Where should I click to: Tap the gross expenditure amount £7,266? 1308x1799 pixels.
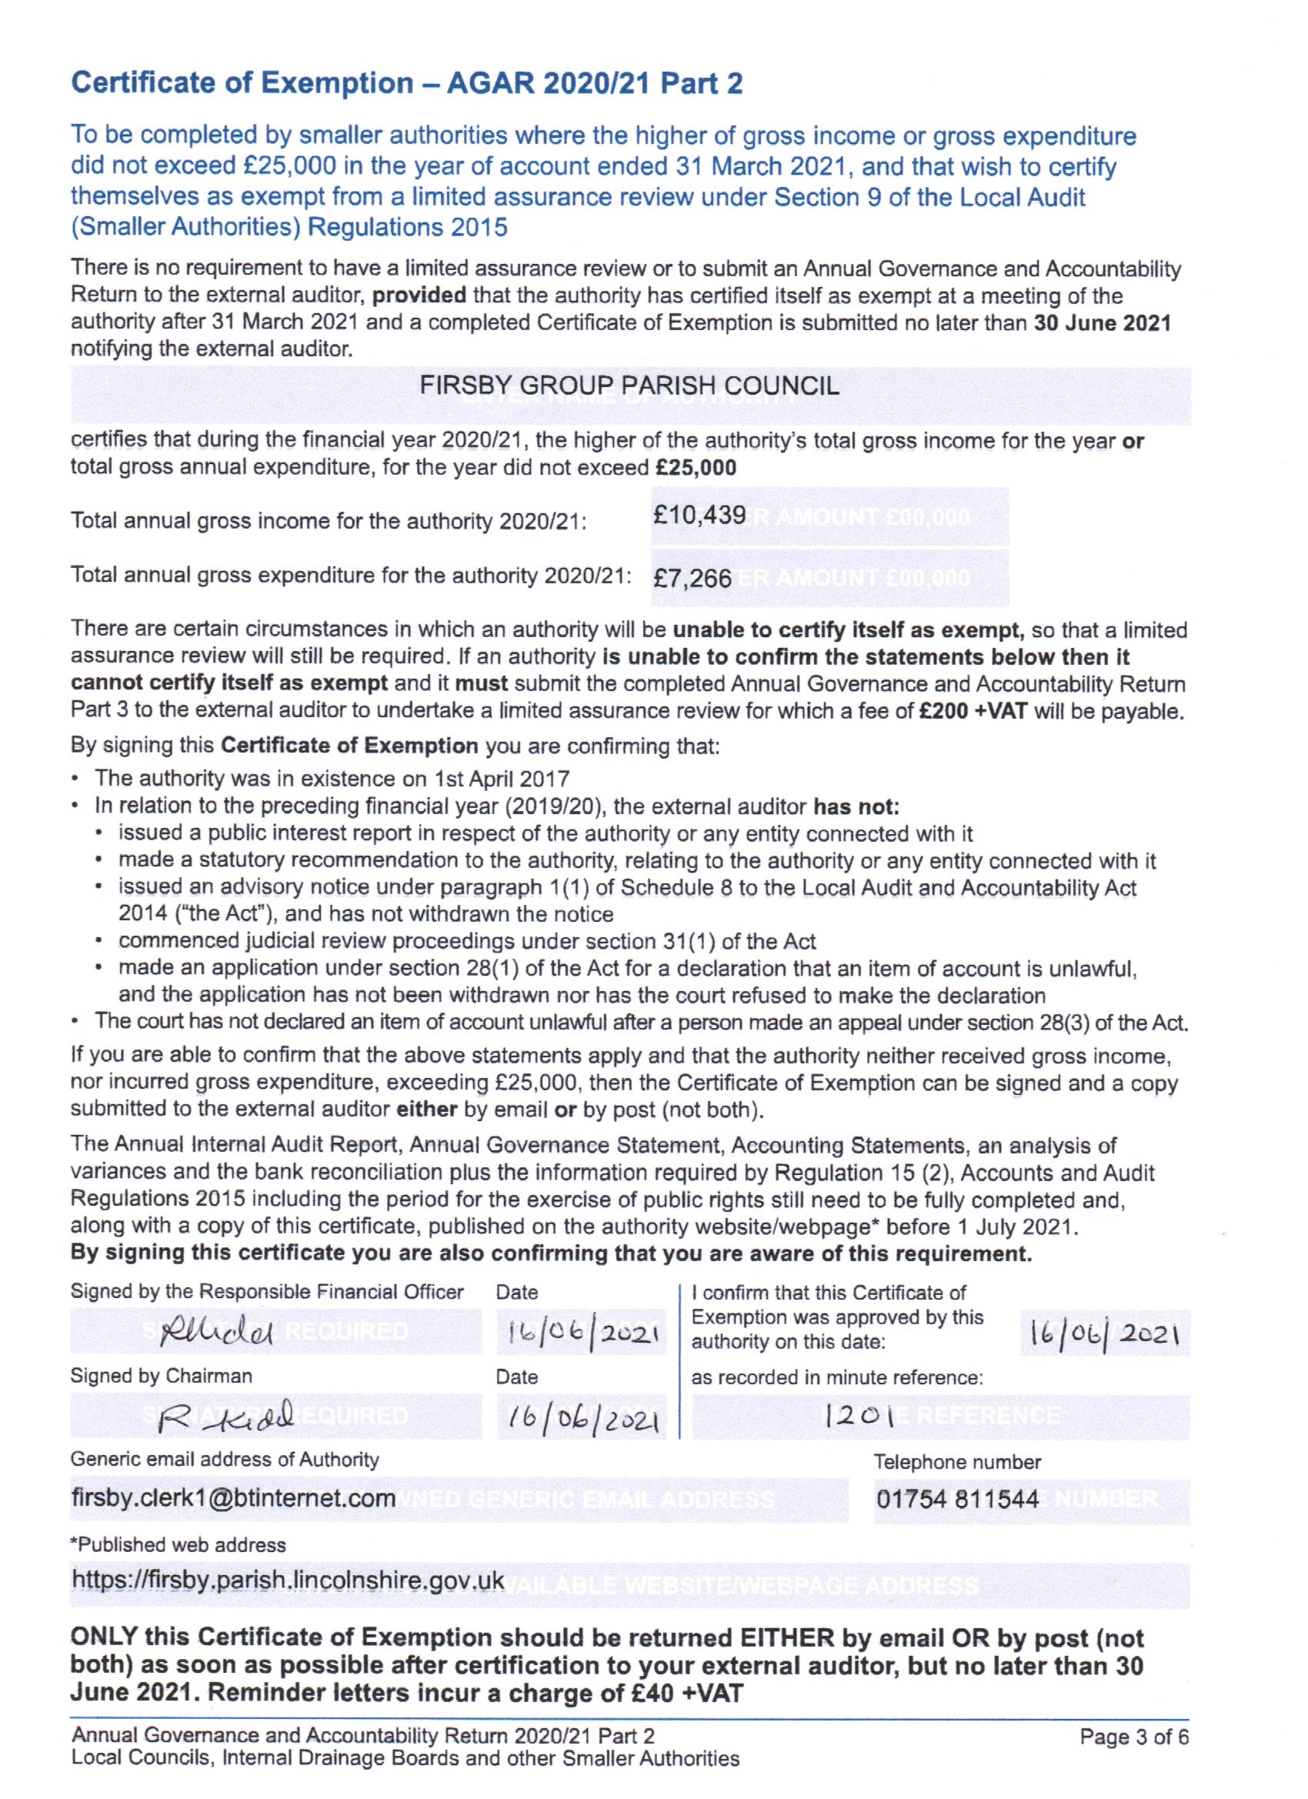coord(691,579)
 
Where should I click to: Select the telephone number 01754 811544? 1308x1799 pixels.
coord(957,1499)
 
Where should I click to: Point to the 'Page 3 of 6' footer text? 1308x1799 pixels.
coord(1133,1737)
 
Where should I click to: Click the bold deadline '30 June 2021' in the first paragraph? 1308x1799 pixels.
coord(1102,323)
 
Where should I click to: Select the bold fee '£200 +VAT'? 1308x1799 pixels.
coord(973,711)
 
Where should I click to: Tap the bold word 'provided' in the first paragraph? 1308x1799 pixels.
coord(419,296)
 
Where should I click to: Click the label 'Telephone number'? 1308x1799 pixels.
coord(957,1462)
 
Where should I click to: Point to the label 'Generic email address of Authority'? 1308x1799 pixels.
coord(225,1460)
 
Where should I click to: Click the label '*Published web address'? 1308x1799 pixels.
coord(179,1545)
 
